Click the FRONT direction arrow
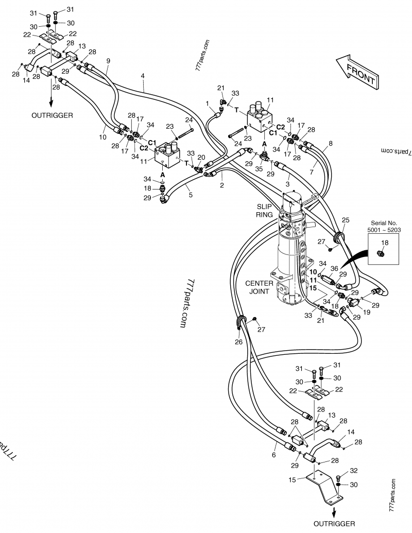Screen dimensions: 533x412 pos(356,71)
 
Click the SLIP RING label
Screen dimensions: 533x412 pos(267,210)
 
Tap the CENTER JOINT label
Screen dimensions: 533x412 pos(260,287)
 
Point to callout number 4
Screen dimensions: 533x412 pos(143,76)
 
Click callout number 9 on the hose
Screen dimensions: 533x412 pos(108,61)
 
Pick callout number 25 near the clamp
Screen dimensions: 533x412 pos(346,220)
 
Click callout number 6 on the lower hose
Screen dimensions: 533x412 pos(274,455)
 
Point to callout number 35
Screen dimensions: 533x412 pos(259,167)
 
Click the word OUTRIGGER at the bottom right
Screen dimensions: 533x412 pos(334,524)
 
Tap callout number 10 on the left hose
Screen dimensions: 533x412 pos(101,137)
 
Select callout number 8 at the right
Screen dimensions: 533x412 pos(330,143)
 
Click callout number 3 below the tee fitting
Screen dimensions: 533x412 pos(288,184)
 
